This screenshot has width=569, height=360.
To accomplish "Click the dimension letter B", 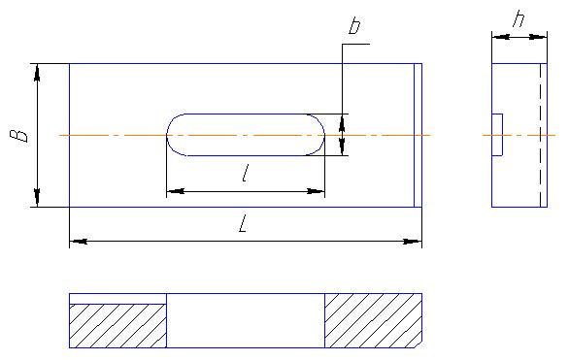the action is point(18,135).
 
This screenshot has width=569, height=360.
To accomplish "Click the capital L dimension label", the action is point(244,224).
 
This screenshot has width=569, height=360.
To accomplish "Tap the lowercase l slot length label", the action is point(246,173).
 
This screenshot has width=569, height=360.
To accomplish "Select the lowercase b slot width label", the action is point(354,26).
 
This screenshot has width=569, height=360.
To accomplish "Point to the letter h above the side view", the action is point(519,18).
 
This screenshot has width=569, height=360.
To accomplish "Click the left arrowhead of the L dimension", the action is point(78,241).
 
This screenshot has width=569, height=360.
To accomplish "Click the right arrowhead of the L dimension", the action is point(413,241).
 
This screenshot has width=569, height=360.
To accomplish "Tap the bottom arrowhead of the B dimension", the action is point(37,198).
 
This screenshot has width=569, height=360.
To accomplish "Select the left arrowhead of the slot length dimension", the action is point(176,191).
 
